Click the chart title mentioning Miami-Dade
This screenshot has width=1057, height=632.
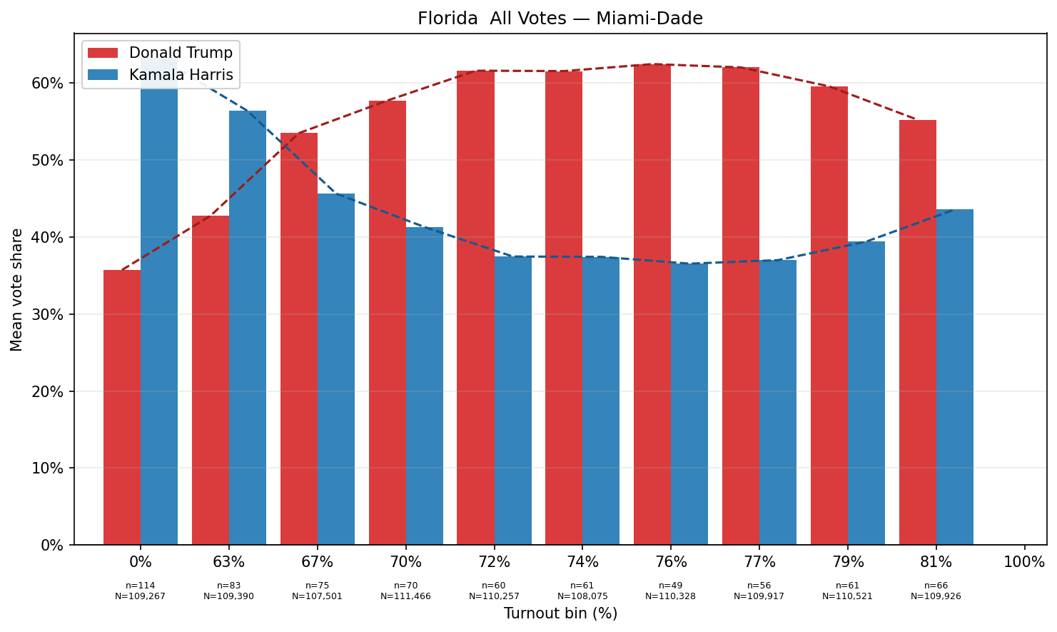(x=560, y=19)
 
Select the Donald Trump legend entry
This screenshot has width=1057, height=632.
(x=181, y=54)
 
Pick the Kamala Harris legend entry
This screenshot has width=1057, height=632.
(x=181, y=75)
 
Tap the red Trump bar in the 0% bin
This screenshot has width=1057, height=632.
(x=122, y=407)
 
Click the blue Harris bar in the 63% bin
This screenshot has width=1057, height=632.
(x=248, y=328)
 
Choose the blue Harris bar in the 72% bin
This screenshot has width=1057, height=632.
(x=513, y=400)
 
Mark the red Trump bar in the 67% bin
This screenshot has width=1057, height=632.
(x=299, y=338)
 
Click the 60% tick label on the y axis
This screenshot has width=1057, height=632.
(x=48, y=84)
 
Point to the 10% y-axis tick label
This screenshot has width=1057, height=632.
(x=48, y=468)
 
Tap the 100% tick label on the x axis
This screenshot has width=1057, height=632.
(x=1024, y=562)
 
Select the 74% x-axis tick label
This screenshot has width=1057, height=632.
(x=582, y=562)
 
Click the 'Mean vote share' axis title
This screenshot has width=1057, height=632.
(x=17, y=290)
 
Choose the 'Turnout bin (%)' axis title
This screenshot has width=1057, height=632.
(x=560, y=613)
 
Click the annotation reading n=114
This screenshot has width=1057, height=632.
(x=141, y=586)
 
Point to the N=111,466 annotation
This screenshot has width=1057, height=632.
(x=405, y=596)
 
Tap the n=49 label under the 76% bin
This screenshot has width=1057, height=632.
(x=671, y=586)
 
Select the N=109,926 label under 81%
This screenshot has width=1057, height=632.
(x=936, y=596)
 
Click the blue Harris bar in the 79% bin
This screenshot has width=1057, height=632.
(x=866, y=393)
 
